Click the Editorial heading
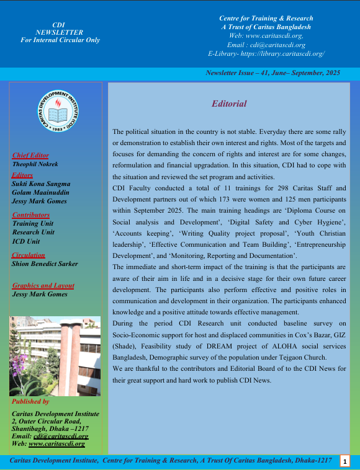click(230, 104)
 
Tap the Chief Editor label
click(30, 156)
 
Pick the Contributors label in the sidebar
click(31, 215)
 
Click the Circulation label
click(29, 255)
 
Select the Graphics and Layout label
click(43, 286)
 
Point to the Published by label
click(31, 402)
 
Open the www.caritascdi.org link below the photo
click(56, 444)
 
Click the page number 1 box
click(344, 461)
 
